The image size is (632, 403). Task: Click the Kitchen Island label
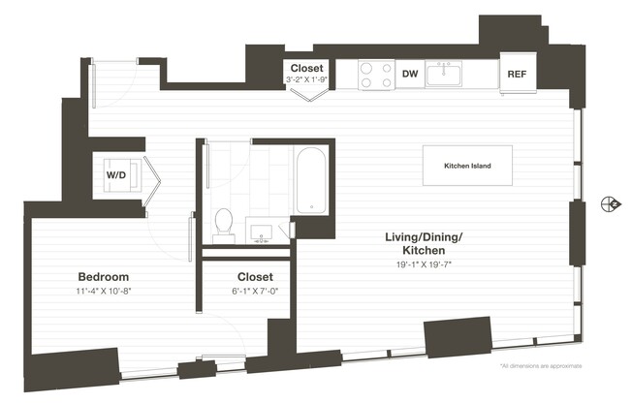(x=467, y=167)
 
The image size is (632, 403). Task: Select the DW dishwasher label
(x=409, y=74)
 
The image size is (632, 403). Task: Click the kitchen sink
(x=445, y=73)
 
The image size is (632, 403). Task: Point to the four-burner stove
(x=375, y=75)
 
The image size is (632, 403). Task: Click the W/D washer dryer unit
(x=115, y=175)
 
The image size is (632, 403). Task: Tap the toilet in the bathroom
(x=224, y=222)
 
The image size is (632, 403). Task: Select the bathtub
(x=310, y=179)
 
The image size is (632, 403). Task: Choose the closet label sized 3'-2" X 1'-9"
(x=306, y=68)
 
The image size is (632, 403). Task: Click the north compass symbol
(x=610, y=202)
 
